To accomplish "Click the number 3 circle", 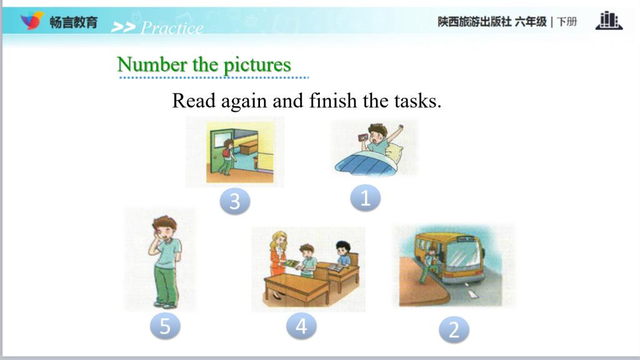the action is pyautogui.click(x=235, y=201).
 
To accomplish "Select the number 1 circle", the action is pyautogui.click(x=365, y=198).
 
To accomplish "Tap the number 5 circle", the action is pyautogui.click(x=165, y=326).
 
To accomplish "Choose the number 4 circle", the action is pyautogui.click(x=301, y=326).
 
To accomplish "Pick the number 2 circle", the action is pyautogui.click(x=454, y=329).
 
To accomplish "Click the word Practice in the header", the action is pyautogui.click(x=172, y=27).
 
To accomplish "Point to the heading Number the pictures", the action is pyautogui.click(x=204, y=64).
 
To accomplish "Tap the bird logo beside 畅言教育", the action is pyautogui.click(x=32, y=21).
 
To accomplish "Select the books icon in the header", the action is pyautogui.click(x=609, y=21).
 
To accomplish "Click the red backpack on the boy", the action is pyautogui.click(x=226, y=154).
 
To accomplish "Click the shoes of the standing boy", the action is pyautogui.click(x=165, y=304).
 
